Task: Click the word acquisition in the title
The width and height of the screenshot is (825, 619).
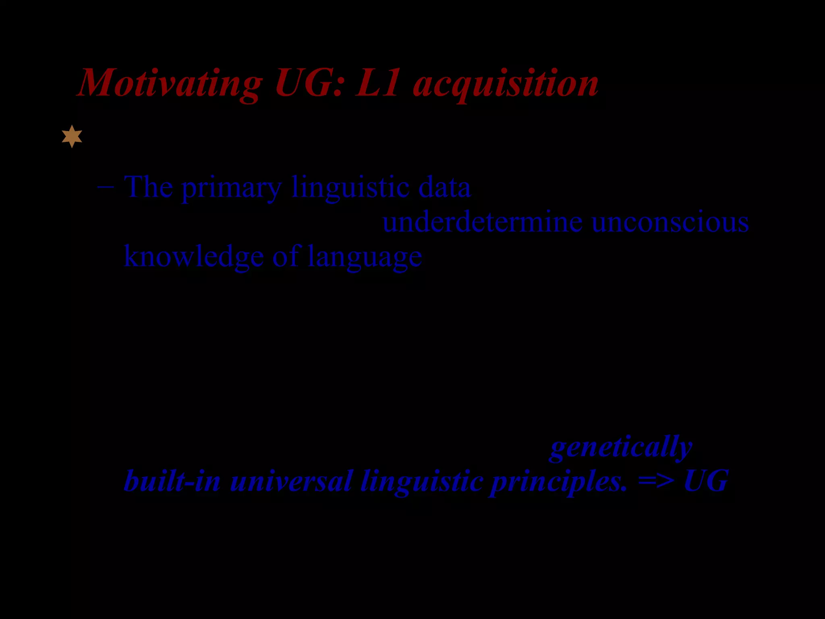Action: point(506,84)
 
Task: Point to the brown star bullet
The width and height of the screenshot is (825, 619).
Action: point(72,136)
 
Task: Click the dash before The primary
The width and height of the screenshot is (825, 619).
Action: point(106,187)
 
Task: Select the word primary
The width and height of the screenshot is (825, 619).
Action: point(231,188)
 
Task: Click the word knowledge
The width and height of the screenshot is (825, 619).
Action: point(194,257)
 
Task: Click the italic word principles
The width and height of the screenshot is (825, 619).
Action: point(558,482)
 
